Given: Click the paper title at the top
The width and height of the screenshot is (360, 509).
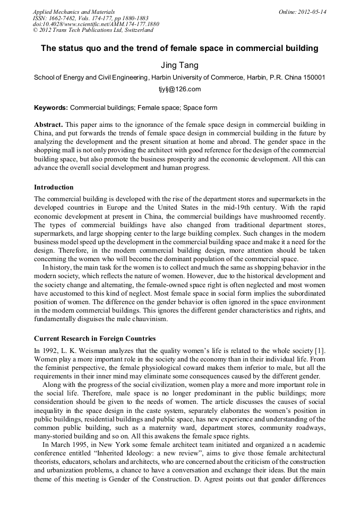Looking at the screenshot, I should pyautogui.click(x=179, y=48).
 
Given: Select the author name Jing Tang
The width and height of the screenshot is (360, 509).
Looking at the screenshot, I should pyautogui.click(x=179, y=65).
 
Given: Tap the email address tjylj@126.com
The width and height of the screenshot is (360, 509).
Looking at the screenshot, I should pyautogui.click(x=179, y=89).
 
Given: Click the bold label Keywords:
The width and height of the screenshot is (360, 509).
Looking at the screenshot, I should pyautogui.click(x=51, y=108).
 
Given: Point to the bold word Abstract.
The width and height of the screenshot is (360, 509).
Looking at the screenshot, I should pyautogui.click(x=48, y=124).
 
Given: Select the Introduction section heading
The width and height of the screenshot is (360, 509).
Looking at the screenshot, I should pyautogui.click(x=54, y=187).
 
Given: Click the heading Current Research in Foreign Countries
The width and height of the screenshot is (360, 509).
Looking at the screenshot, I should pyautogui.click(x=95, y=338).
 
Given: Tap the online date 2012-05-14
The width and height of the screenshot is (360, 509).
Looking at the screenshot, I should pyautogui.click(x=313, y=12).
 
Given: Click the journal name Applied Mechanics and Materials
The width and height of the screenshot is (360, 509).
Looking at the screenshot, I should pyautogui.click(x=74, y=12).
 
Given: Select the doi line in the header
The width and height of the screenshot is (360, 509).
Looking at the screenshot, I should pyautogui.click(x=96, y=24).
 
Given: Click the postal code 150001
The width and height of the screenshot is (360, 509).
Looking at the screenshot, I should pyautogui.click(x=314, y=77).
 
